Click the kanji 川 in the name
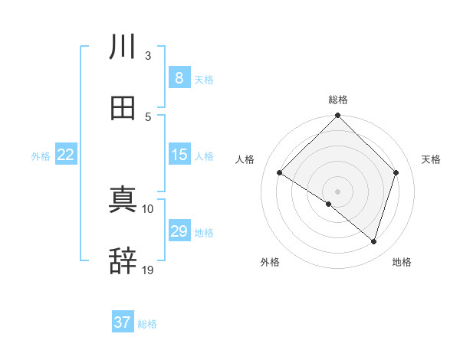pyautogui.click(x=123, y=47)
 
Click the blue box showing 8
pyautogui.click(x=179, y=78)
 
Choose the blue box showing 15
pyautogui.click(x=179, y=155)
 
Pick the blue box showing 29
pyautogui.click(x=179, y=231)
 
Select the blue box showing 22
pyautogui.click(x=65, y=155)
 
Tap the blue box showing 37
pyautogui.click(x=123, y=322)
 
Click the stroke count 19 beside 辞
pyautogui.click(x=148, y=270)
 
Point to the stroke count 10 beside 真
pyautogui.click(x=148, y=208)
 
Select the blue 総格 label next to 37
pyautogui.click(x=147, y=324)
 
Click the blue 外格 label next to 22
pyautogui.click(x=41, y=156)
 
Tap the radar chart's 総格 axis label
pyautogui.click(x=337, y=100)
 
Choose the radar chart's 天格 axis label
pyautogui.click(x=432, y=159)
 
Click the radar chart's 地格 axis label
pyautogui.click(x=402, y=262)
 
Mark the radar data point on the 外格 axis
pyautogui.click(x=329, y=204)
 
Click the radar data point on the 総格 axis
pyautogui.click(x=337, y=116)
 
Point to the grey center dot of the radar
pyautogui.click(x=337, y=191)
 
